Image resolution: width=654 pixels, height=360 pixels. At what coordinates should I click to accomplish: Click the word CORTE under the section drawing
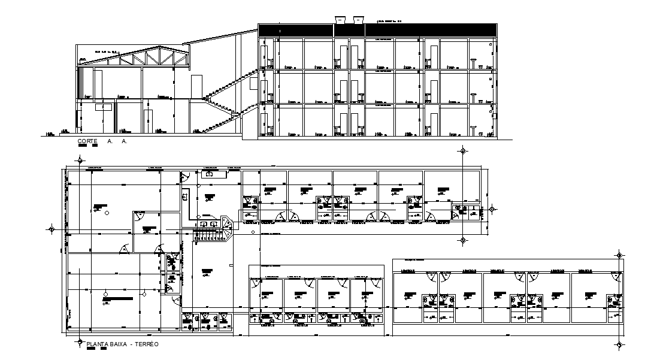(x=87, y=141)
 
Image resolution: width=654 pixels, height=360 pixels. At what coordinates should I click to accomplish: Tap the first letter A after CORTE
(x=110, y=141)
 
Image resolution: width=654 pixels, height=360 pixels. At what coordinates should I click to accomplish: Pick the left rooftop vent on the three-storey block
(x=341, y=19)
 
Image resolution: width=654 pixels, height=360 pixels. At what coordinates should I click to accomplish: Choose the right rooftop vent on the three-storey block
(x=359, y=19)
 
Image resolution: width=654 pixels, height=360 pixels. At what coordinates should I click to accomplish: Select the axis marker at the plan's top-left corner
(x=79, y=160)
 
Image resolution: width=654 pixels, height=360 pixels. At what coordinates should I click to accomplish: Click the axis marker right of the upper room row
(x=492, y=208)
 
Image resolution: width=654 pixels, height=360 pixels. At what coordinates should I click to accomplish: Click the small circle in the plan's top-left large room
(x=107, y=213)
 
